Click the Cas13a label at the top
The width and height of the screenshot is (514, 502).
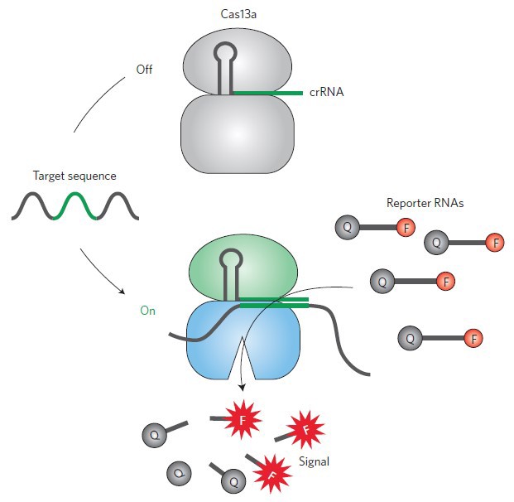pyautogui.click(x=237, y=15)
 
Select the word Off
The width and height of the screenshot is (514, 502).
pyautogui.click(x=146, y=69)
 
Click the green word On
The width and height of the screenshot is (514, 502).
pyautogui.click(x=147, y=311)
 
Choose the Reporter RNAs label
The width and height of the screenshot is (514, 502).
pyautogui.click(x=420, y=202)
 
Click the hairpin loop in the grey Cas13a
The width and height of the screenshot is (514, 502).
pyautogui.click(x=224, y=53)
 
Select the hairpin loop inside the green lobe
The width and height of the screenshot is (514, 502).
pyautogui.click(x=224, y=259)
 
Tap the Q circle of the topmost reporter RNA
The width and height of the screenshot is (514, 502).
pyautogui.click(x=346, y=225)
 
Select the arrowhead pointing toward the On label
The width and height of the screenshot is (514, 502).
pyautogui.click(x=123, y=292)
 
